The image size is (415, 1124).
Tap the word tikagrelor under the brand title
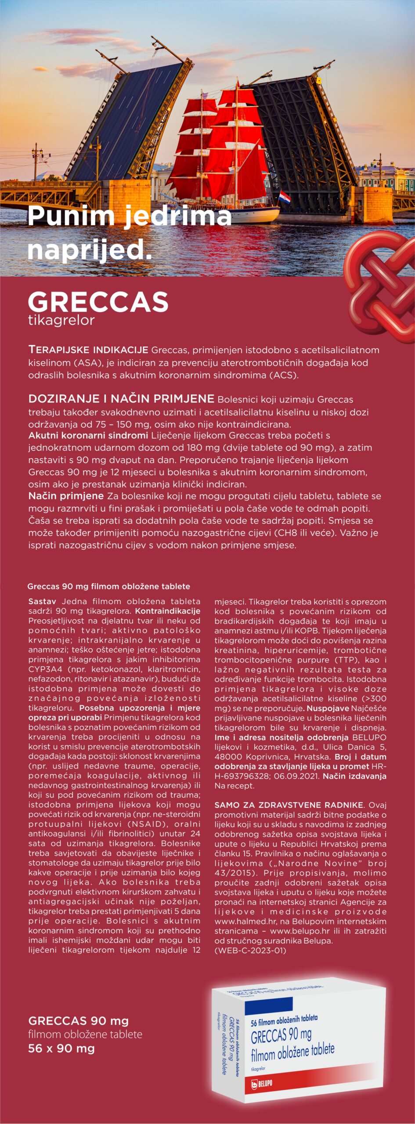[61, 320]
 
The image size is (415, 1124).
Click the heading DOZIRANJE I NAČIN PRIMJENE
[121, 399]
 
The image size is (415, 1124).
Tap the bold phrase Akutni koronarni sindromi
[88, 436]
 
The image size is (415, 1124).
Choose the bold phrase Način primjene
[66, 496]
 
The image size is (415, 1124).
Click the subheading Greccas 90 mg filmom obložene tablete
[108, 586]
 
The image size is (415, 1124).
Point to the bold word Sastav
[42, 601]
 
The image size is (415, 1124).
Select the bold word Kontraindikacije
[168, 611]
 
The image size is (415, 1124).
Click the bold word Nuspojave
[328, 708]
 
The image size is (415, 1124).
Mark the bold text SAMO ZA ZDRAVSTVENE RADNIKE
[289, 805]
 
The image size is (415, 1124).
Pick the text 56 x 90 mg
[61, 1048]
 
